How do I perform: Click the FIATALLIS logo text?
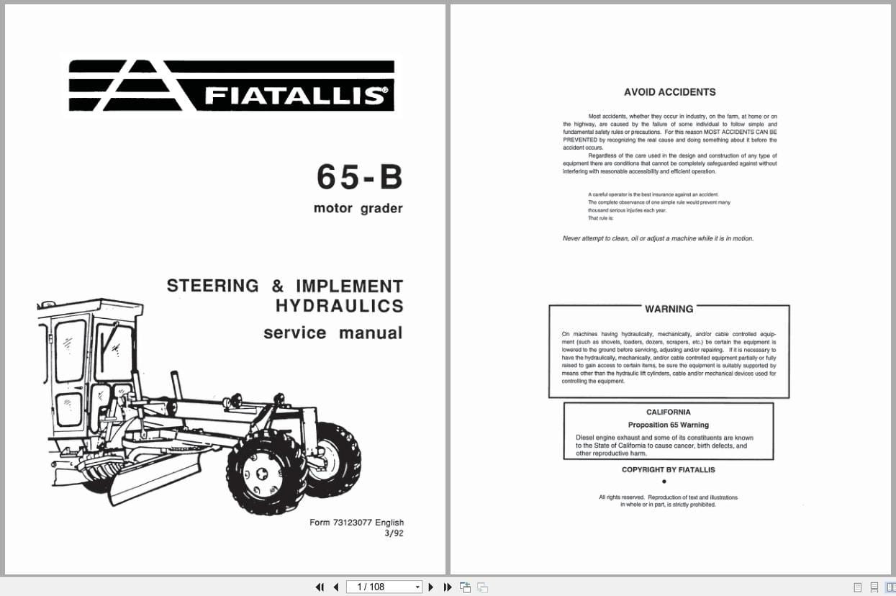295,95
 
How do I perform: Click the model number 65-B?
359,178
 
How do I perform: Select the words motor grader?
358,209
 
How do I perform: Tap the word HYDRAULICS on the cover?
339,306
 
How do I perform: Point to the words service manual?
332,333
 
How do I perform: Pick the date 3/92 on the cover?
394,533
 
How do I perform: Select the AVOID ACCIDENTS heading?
669,92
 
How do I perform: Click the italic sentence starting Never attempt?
658,239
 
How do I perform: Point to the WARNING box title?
669,309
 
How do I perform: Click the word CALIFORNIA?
668,412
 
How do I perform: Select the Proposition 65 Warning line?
668,425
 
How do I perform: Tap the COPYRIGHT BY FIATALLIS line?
668,470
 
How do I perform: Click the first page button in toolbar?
320,587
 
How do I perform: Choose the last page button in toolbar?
447,587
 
